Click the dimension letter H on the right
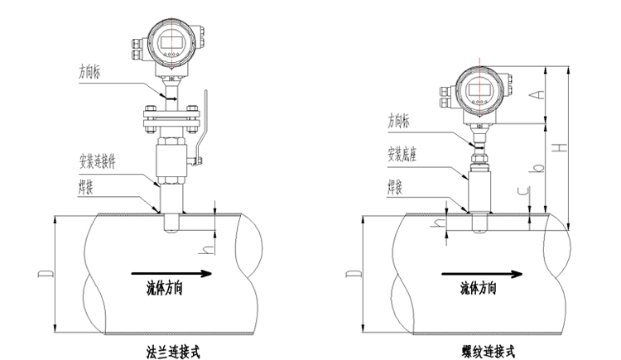[561, 147]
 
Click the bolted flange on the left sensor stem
[171, 116]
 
